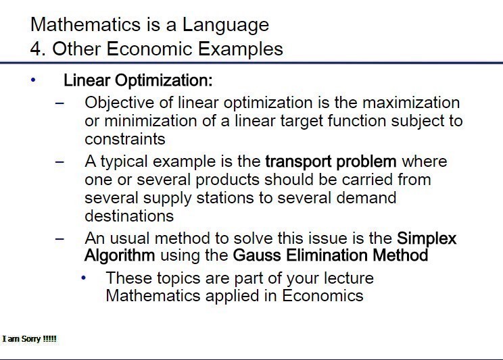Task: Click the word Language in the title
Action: [x=226, y=25]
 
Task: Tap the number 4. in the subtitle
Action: [x=38, y=49]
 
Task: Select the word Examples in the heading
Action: [x=240, y=49]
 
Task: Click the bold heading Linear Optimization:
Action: [x=138, y=80]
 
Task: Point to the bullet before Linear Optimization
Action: [x=33, y=80]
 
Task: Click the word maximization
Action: [x=411, y=103]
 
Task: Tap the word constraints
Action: [x=125, y=139]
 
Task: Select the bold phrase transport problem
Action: [x=331, y=162]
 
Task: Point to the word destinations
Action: [x=129, y=215]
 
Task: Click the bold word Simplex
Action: [x=427, y=239]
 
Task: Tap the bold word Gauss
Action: [x=257, y=255]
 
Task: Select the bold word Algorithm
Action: [x=120, y=256]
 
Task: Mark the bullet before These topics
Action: [x=83, y=278]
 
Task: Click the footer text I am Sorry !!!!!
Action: [x=30, y=339]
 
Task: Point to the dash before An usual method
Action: [x=59, y=239]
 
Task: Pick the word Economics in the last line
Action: [x=322, y=296]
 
